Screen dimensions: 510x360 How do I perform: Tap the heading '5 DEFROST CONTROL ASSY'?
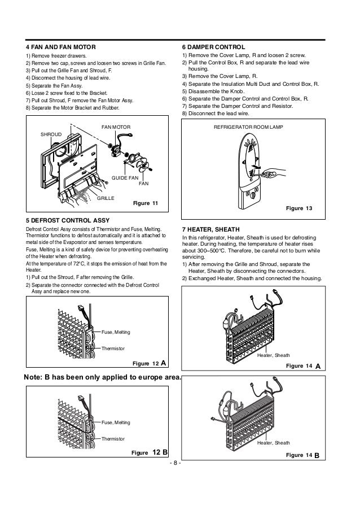coord(64,219)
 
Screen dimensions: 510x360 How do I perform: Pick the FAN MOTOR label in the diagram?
coord(116,128)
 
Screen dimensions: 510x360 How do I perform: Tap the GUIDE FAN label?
coord(124,177)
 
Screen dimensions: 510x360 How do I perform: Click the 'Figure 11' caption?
coord(146,202)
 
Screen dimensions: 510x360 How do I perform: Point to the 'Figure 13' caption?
coord(300,208)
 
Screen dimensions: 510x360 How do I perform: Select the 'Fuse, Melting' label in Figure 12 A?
coord(115,332)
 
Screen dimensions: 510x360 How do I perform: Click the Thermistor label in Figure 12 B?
coord(113,438)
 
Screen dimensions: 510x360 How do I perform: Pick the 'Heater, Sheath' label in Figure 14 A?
coord(273,356)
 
